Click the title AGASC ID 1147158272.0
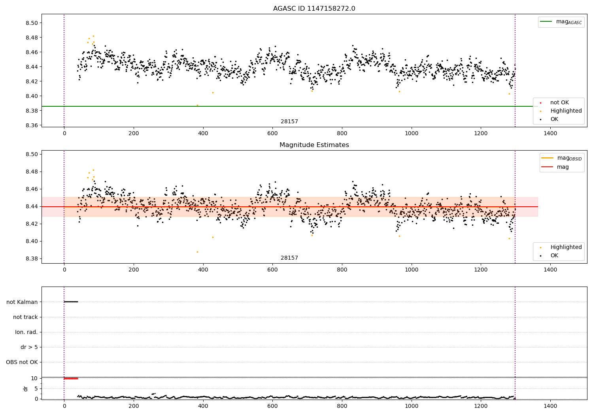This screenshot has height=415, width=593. [x=314, y=9]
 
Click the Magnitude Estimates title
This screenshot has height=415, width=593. [x=314, y=145]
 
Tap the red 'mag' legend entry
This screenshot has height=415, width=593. [x=563, y=167]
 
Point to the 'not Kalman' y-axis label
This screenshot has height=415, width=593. [x=22, y=302]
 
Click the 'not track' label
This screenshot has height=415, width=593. [x=25, y=317]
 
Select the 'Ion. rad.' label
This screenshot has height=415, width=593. [x=26, y=332]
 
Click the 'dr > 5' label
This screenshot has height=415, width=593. [x=29, y=347]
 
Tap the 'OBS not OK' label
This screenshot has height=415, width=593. [x=22, y=362]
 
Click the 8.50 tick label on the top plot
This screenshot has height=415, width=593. [x=32, y=23]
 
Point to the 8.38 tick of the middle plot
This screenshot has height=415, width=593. [x=32, y=258]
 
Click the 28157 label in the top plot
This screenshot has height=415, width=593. [x=289, y=121]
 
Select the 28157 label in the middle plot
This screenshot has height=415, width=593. [x=289, y=258]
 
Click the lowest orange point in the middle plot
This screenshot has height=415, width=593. [x=197, y=252]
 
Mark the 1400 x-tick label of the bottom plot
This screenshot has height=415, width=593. [x=550, y=406]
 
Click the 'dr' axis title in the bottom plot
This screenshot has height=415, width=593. [x=26, y=389]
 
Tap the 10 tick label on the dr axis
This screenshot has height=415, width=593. [x=34, y=378]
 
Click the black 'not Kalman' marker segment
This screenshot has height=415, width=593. [x=71, y=302]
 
